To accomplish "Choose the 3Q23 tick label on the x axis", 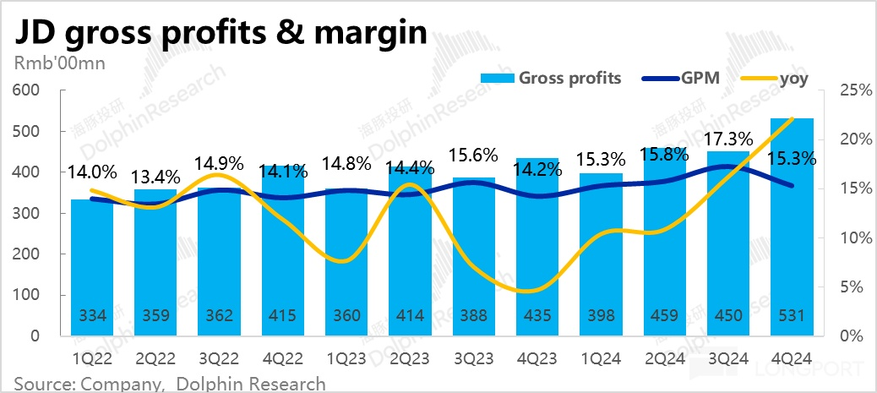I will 474,358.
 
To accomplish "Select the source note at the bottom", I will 169,384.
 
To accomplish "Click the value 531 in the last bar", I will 793,316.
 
